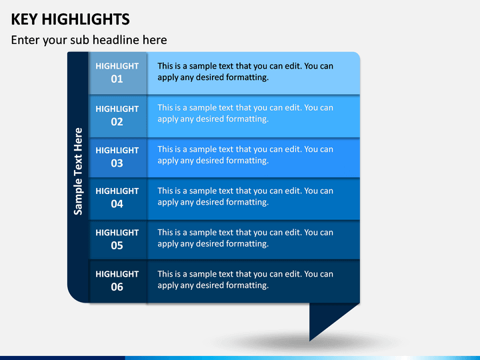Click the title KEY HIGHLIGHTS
71,19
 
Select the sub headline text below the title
89,40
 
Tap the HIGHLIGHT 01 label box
118,73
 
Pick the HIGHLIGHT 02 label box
118,116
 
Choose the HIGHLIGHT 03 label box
118,157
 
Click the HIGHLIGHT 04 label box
118,199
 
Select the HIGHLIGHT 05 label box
118,240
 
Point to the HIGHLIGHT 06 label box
118,281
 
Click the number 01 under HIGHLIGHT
117,79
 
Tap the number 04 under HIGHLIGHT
117,204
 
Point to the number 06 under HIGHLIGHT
117,287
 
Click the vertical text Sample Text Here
79,171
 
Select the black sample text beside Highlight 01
245,71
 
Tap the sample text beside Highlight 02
245,113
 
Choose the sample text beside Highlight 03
245,155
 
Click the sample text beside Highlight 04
245,197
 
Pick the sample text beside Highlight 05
245,238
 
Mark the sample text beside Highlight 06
245,279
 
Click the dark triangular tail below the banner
325,315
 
